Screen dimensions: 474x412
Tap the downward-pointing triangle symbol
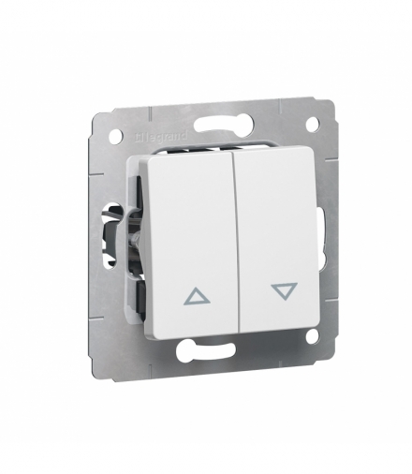[281, 291]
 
